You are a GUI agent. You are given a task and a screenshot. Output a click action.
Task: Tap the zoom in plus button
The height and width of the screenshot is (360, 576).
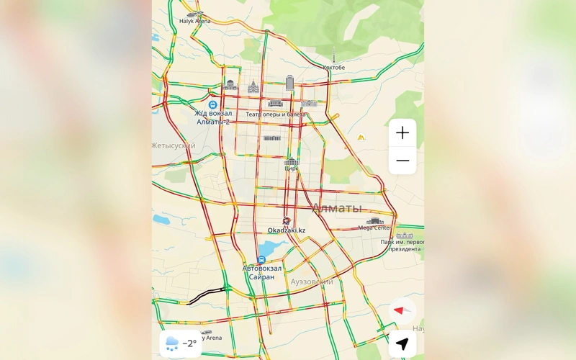pos(402,132)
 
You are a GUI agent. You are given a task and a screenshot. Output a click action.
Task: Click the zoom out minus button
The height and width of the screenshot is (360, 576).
pos(402,161)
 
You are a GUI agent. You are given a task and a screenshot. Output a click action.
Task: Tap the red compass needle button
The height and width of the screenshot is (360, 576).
pos(402,310)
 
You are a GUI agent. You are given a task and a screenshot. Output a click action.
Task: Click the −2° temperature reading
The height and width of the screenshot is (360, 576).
pos(189,343)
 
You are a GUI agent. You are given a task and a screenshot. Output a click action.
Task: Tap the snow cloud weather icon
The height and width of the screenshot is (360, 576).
pos(172,343)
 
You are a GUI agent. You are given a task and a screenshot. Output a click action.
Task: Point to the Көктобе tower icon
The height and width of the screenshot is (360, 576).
pos(333,56)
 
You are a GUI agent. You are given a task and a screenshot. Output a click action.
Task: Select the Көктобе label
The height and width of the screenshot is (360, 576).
pos(333,68)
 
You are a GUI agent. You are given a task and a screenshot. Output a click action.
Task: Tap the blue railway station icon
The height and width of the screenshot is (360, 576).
pos(212,105)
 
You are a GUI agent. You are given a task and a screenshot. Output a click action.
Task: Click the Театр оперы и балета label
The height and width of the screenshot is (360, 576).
pos(276,114)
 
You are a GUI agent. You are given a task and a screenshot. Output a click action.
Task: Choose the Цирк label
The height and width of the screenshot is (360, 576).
pos(291,168)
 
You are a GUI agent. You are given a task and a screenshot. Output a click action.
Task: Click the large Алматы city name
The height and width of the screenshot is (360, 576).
pos(336,208)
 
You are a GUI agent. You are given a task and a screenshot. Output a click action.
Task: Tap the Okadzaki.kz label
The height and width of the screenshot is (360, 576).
pos(287,230)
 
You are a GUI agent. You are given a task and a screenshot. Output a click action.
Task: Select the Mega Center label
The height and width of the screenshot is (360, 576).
pos(374,228)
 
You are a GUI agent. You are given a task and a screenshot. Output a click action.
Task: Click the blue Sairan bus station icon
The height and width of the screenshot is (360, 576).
pos(262,259)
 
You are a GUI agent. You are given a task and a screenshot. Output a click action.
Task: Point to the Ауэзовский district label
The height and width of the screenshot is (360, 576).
pos(311,282)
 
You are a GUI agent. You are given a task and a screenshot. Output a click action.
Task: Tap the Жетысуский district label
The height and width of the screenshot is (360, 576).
pos(174,145)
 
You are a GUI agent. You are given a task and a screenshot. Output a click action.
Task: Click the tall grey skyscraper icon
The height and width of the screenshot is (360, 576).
pos(290,83)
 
